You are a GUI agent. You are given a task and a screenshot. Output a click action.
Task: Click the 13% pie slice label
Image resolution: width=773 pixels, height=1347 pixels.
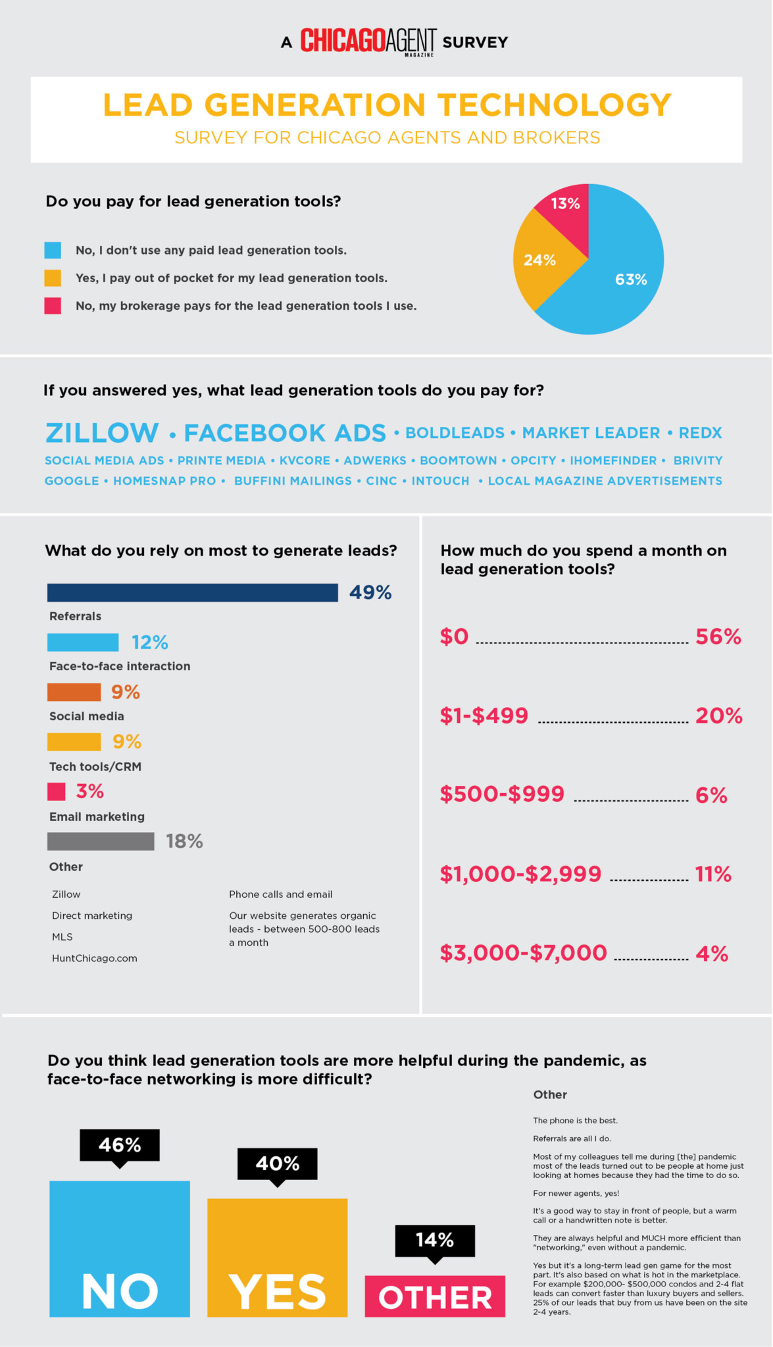click(x=566, y=204)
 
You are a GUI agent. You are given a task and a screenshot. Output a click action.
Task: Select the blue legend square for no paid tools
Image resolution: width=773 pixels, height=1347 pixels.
click(x=53, y=251)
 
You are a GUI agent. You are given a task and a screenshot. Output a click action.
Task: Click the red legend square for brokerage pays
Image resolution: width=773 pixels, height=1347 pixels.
click(x=53, y=306)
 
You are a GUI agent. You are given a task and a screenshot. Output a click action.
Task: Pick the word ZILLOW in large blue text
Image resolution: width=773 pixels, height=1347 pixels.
click(x=102, y=433)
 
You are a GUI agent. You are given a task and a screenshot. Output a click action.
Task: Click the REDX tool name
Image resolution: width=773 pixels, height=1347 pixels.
click(x=700, y=433)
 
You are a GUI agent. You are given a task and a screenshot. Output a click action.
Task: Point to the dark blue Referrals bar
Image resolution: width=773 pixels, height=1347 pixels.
click(x=192, y=593)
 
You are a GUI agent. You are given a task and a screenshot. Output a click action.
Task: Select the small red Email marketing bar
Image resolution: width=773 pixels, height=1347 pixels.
click(x=57, y=791)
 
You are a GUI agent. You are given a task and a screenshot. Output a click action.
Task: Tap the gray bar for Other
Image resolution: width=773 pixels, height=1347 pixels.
click(x=101, y=841)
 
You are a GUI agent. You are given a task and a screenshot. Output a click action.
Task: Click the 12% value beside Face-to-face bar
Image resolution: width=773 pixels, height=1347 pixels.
click(x=150, y=643)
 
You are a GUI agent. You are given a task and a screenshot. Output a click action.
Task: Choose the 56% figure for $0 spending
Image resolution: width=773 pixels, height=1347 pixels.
click(x=718, y=637)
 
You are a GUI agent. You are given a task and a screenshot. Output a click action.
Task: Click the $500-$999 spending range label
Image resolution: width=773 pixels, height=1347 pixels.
click(x=502, y=794)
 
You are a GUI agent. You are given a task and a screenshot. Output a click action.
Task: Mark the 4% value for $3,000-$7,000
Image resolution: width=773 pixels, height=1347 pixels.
click(x=712, y=954)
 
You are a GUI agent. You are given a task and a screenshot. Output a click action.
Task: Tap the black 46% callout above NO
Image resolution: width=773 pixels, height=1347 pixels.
click(x=120, y=1146)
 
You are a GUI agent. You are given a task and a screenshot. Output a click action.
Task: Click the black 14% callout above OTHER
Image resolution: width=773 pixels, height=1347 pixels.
click(x=435, y=1240)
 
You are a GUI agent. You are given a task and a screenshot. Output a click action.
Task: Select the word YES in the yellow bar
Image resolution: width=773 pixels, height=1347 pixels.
click(x=277, y=1292)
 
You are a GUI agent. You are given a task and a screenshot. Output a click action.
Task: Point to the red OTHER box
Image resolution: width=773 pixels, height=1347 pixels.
click(x=435, y=1296)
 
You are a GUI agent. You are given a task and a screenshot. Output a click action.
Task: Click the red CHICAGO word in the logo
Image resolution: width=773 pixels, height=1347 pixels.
click(x=343, y=41)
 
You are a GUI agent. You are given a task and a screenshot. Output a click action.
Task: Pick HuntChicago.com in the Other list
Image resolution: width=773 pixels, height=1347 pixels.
click(x=95, y=958)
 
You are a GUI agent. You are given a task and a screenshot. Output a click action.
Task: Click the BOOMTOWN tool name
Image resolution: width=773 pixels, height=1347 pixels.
click(x=459, y=461)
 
